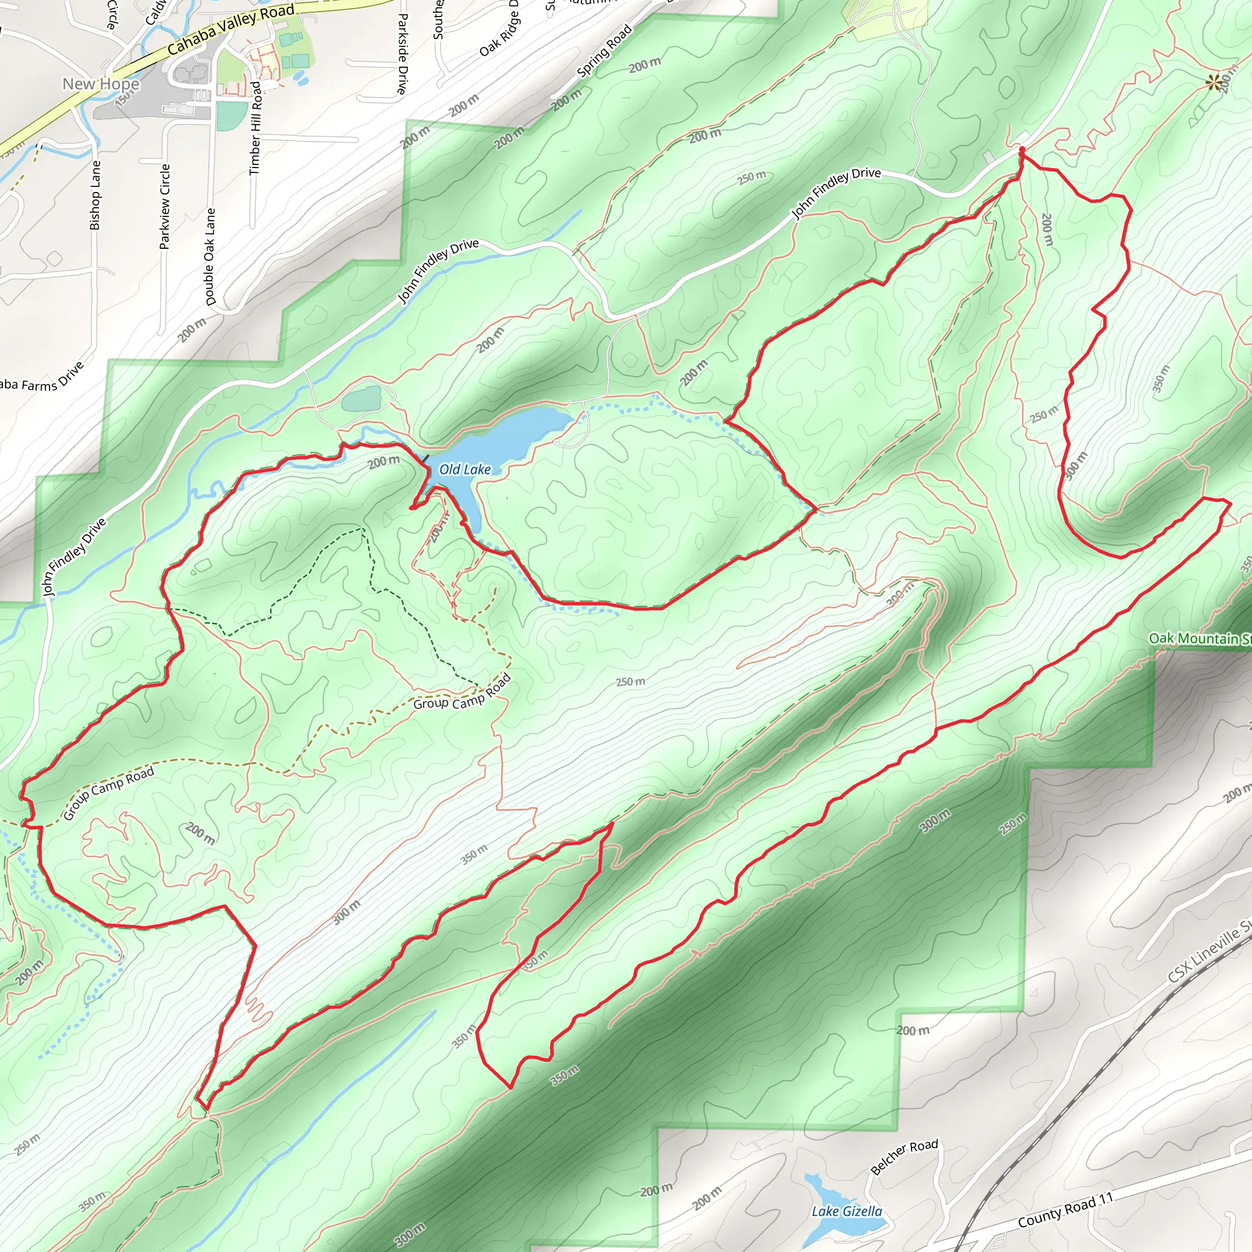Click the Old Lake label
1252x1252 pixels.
pyautogui.click(x=465, y=469)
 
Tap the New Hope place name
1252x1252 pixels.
pyautogui.click(x=100, y=84)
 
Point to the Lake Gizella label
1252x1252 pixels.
pyautogui.click(x=846, y=1211)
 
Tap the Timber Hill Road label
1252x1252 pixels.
pyautogui.click(x=256, y=128)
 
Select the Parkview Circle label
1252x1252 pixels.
pyautogui.click(x=164, y=206)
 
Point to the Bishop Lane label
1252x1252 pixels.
pyautogui.click(x=95, y=195)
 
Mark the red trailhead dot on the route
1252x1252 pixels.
pyautogui.click(x=1022, y=150)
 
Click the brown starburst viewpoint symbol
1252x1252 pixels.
pyautogui.click(x=1213, y=83)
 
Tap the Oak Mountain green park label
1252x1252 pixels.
pyautogui.click(x=1199, y=638)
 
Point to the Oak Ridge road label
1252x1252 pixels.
pyautogui.click(x=499, y=29)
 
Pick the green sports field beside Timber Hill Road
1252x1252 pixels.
pyautogui.click(x=231, y=116)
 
